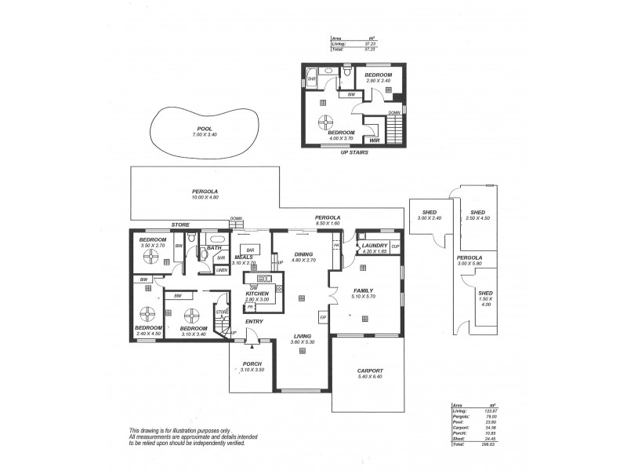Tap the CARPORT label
pyautogui.click(x=369, y=370)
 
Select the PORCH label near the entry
pyautogui.click(x=251, y=363)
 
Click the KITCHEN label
pyautogui.click(x=256, y=294)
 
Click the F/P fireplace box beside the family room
pyautogui.click(x=322, y=317)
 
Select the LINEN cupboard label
pyautogui.click(x=222, y=269)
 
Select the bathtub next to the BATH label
pyautogui.click(x=216, y=239)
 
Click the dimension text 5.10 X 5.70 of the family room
pyautogui.click(x=365, y=297)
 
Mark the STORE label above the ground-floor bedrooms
pyautogui.click(x=180, y=225)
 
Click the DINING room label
pyautogui.click(x=303, y=254)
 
